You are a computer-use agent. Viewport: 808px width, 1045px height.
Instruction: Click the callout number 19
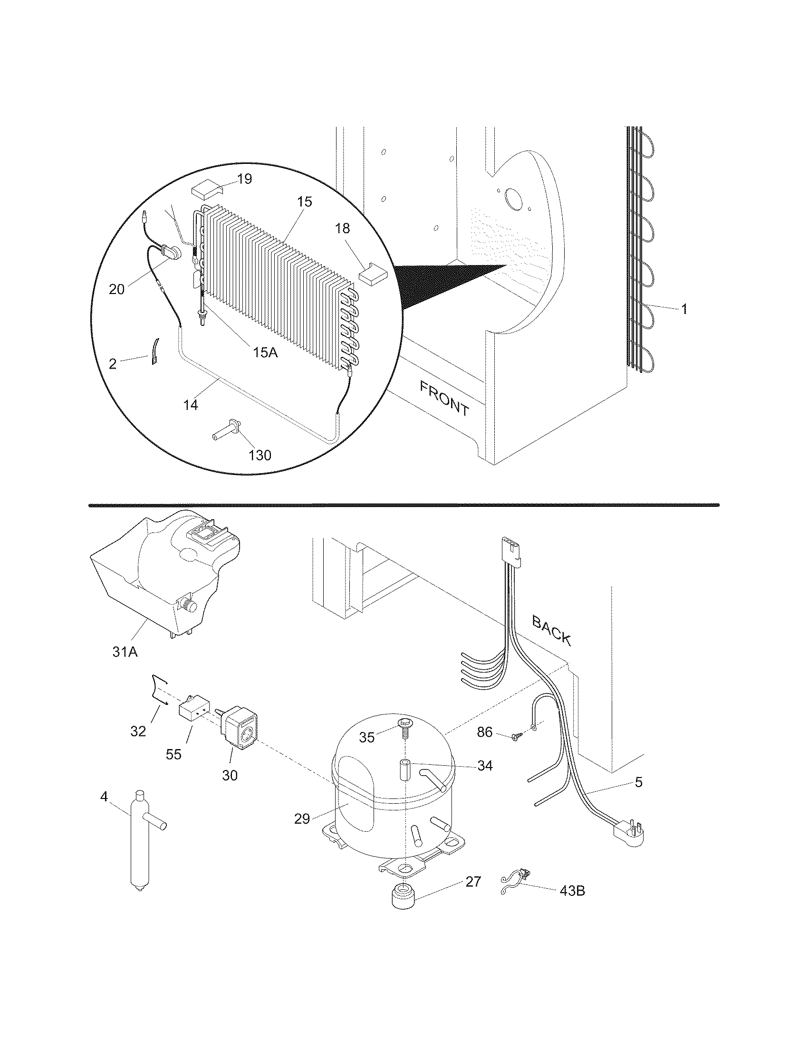click(x=245, y=179)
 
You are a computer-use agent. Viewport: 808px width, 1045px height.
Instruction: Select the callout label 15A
click(x=265, y=352)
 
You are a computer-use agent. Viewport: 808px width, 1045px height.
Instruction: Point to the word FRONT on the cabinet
click(x=445, y=398)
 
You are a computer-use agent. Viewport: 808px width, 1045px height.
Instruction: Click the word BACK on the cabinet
click(x=552, y=630)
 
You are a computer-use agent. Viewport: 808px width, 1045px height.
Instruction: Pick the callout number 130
click(x=260, y=455)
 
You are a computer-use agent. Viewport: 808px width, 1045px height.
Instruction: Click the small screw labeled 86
click(x=514, y=749)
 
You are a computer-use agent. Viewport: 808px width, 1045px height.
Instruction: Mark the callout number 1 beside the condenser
click(x=684, y=309)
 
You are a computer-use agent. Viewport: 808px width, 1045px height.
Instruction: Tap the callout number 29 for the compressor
click(x=302, y=819)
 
